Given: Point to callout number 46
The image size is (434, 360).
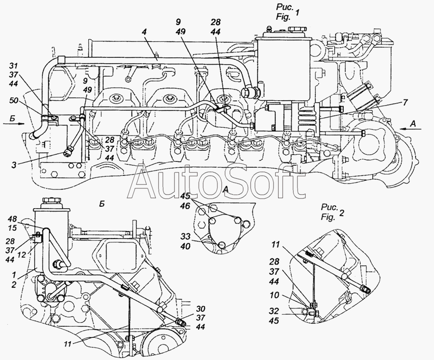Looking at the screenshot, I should (x=185, y=205).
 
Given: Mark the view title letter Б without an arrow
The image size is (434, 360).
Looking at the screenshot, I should (x=102, y=204).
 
